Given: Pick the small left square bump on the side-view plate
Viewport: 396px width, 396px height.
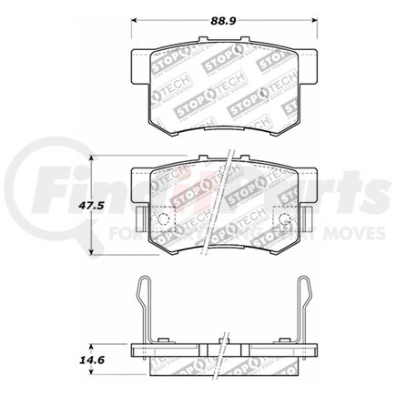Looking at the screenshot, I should [163, 342].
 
